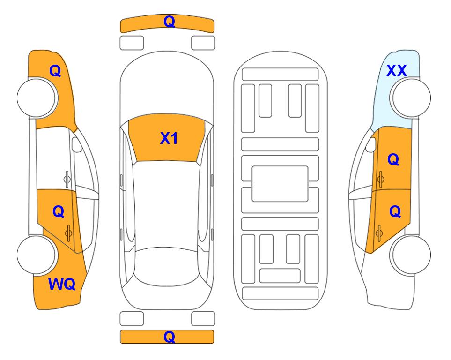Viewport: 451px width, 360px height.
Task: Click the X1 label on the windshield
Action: click(x=169, y=138)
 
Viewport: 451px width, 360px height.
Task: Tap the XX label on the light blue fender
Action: click(x=396, y=71)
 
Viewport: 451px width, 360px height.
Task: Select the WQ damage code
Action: click(x=62, y=284)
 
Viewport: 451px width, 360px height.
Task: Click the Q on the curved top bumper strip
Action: click(x=169, y=22)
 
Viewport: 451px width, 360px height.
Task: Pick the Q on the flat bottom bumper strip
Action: click(x=169, y=337)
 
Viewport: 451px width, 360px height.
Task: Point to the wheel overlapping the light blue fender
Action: click(x=410, y=98)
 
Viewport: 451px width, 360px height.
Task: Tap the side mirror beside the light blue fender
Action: click(x=371, y=145)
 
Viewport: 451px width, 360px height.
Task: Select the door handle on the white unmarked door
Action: click(x=67, y=179)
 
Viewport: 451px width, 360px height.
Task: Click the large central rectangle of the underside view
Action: click(x=280, y=184)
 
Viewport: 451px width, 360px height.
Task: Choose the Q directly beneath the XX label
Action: click(x=393, y=159)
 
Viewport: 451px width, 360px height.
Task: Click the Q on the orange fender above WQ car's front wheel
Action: click(x=55, y=71)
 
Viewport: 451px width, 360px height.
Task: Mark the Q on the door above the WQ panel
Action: click(x=59, y=212)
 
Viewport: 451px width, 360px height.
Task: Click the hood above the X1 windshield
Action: click(x=167, y=83)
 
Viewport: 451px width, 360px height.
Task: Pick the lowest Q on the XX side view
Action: click(x=395, y=212)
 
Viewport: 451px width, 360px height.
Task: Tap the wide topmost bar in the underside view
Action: click(x=280, y=75)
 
